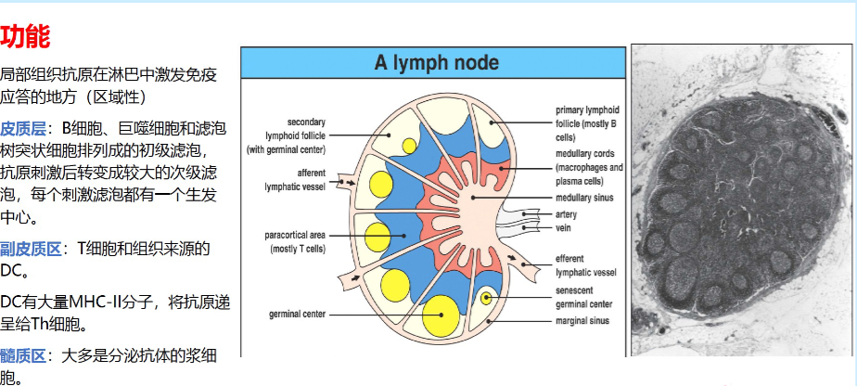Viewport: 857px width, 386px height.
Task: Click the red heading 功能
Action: tap(25, 37)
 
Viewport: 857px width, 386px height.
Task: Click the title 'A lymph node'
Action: tap(436, 62)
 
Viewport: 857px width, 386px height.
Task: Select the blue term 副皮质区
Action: tap(31, 250)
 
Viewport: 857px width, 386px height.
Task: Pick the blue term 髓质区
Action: tap(23, 356)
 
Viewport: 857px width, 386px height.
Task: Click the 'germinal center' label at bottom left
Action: tap(298, 315)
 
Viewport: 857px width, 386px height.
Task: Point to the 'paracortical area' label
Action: tap(295, 242)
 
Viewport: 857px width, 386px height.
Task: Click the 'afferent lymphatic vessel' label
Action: tap(295, 180)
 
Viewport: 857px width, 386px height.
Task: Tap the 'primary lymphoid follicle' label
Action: tap(587, 123)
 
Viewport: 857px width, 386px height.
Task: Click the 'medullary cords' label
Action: tap(589, 167)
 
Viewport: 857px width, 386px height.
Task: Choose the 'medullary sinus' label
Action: tap(584, 198)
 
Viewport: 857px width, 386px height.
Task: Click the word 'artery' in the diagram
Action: tap(566, 215)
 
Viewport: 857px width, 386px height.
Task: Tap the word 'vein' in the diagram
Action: tap(564, 227)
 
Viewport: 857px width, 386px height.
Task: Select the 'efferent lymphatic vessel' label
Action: tap(586, 265)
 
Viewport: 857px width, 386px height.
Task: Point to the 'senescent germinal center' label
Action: tap(583, 298)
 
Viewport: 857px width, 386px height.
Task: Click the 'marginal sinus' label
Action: tap(582, 321)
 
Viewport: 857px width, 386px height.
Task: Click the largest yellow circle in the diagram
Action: tap(441, 315)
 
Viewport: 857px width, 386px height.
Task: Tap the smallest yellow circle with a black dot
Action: tap(486, 298)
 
